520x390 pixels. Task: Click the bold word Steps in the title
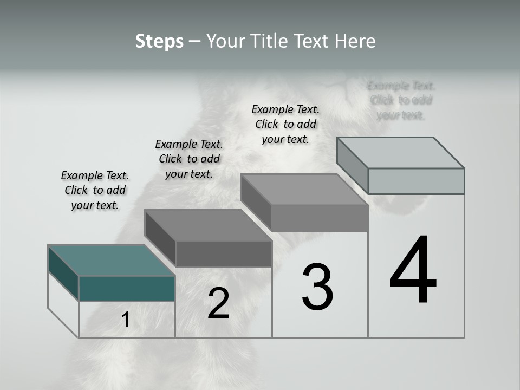pyautogui.click(x=159, y=41)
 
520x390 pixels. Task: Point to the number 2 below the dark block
pyautogui.click(x=218, y=303)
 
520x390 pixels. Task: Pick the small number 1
pyautogui.click(x=125, y=320)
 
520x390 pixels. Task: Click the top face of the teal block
pyautogui.click(x=112, y=261)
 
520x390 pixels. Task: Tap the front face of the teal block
pyautogui.click(x=127, y=288)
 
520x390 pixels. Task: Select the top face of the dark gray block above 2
pyautogui.click(x=208, y=225)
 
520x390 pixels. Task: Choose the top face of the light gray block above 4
pyautogui.click(x=401, y=153)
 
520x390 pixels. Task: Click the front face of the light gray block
pyautogui.click(x=416, y=181)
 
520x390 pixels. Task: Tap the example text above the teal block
pyautogui.click(x=95, y=190)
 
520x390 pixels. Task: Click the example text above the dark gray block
pyautogui.click(x=189, y=159)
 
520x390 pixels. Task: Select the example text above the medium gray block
pyautogui.click(x=285, y=124)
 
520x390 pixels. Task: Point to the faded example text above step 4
pyautogui.click(x=401, y=100)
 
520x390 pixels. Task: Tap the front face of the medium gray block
pyautogui.click(x=320, y=218)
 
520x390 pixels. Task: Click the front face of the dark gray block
pyautogui.click(x=224, y=253)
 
